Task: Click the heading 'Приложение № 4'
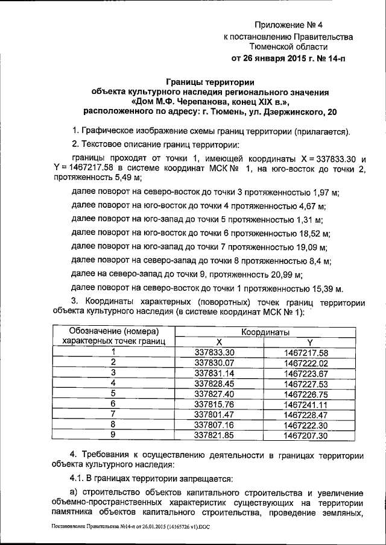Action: pyautogui.click(x=289, y=25)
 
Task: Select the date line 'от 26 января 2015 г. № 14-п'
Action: pyautogui.click(x=289, y=58)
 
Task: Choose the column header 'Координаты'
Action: pyautogui.click(x=265, y=332)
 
